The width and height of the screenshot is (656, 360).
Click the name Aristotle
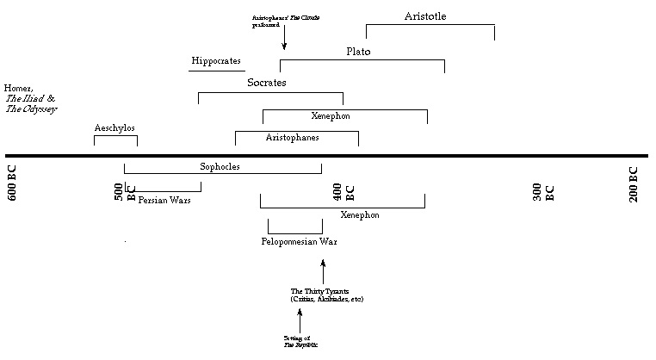tap(425, 16)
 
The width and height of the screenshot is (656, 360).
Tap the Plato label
tap(358, 52)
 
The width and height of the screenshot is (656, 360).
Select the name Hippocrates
tap(217, 61)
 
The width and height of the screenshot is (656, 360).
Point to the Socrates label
tap(266, 83)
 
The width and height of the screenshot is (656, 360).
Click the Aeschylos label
tap(114, 128)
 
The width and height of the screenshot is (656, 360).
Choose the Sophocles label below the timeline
tap(220, 166)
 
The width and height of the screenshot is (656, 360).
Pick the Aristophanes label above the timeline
tap(292, 137)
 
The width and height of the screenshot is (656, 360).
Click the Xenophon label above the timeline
tap(331, 115)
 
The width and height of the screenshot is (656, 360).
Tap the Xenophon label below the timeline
tap(360, 214)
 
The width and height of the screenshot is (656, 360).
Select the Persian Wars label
tap(164, 200)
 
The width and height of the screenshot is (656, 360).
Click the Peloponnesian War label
tap(299, 241)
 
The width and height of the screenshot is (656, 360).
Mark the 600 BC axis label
tap(13, 183)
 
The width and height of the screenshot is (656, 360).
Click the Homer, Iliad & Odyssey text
tap(29, 98)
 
